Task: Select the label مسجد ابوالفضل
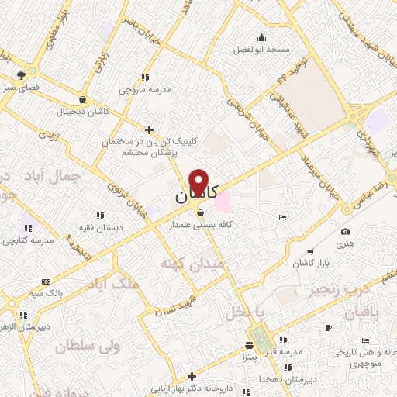pos(263,49)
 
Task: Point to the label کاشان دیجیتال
pos(82,111)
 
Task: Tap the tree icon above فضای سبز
pos(21,75)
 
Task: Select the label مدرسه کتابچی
pos(29,241)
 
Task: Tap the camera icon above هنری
pos(345,231)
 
